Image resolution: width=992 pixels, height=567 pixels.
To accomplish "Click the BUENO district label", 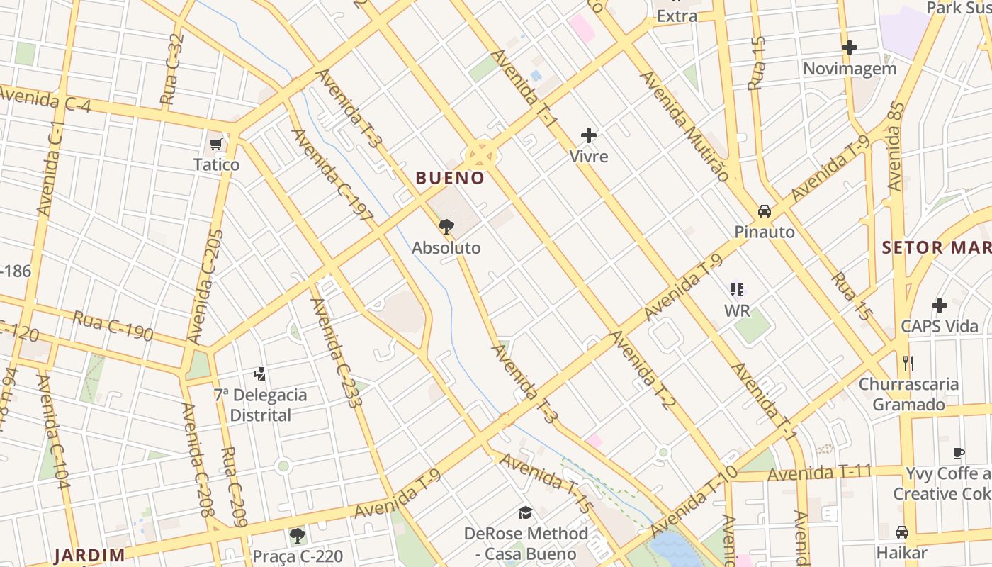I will pos(450,178).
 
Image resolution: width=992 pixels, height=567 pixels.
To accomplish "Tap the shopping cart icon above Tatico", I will pos(216,145).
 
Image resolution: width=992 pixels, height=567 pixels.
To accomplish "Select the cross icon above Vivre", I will pos(588,135).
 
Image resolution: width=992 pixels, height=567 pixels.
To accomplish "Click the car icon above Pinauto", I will pos(765,210).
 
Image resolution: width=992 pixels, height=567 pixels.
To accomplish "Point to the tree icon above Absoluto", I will pos(446,227).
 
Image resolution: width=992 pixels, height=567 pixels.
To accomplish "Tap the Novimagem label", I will pos(850,69).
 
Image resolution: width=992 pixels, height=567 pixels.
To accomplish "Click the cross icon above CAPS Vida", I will pos(940,305).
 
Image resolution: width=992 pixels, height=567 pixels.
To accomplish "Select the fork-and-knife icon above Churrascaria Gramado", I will pos(908,364).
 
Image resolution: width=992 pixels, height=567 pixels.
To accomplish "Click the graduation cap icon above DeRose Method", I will pos(525,512).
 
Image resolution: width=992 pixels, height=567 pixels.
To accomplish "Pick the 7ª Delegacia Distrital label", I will pos(261,405).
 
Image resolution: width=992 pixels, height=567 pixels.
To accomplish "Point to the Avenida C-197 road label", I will pos(332,175).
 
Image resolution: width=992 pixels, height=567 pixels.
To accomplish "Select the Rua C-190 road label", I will pos(113,325).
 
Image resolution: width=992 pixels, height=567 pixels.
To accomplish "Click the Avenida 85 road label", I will pos(896,147).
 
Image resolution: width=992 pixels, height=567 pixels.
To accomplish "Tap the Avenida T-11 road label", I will pos(819,472).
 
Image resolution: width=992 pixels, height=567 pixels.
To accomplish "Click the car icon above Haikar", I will pos(902,532).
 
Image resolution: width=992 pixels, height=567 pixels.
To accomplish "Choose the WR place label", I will pos(737,310).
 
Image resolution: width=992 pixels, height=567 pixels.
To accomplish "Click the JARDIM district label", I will pos(90,555).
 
